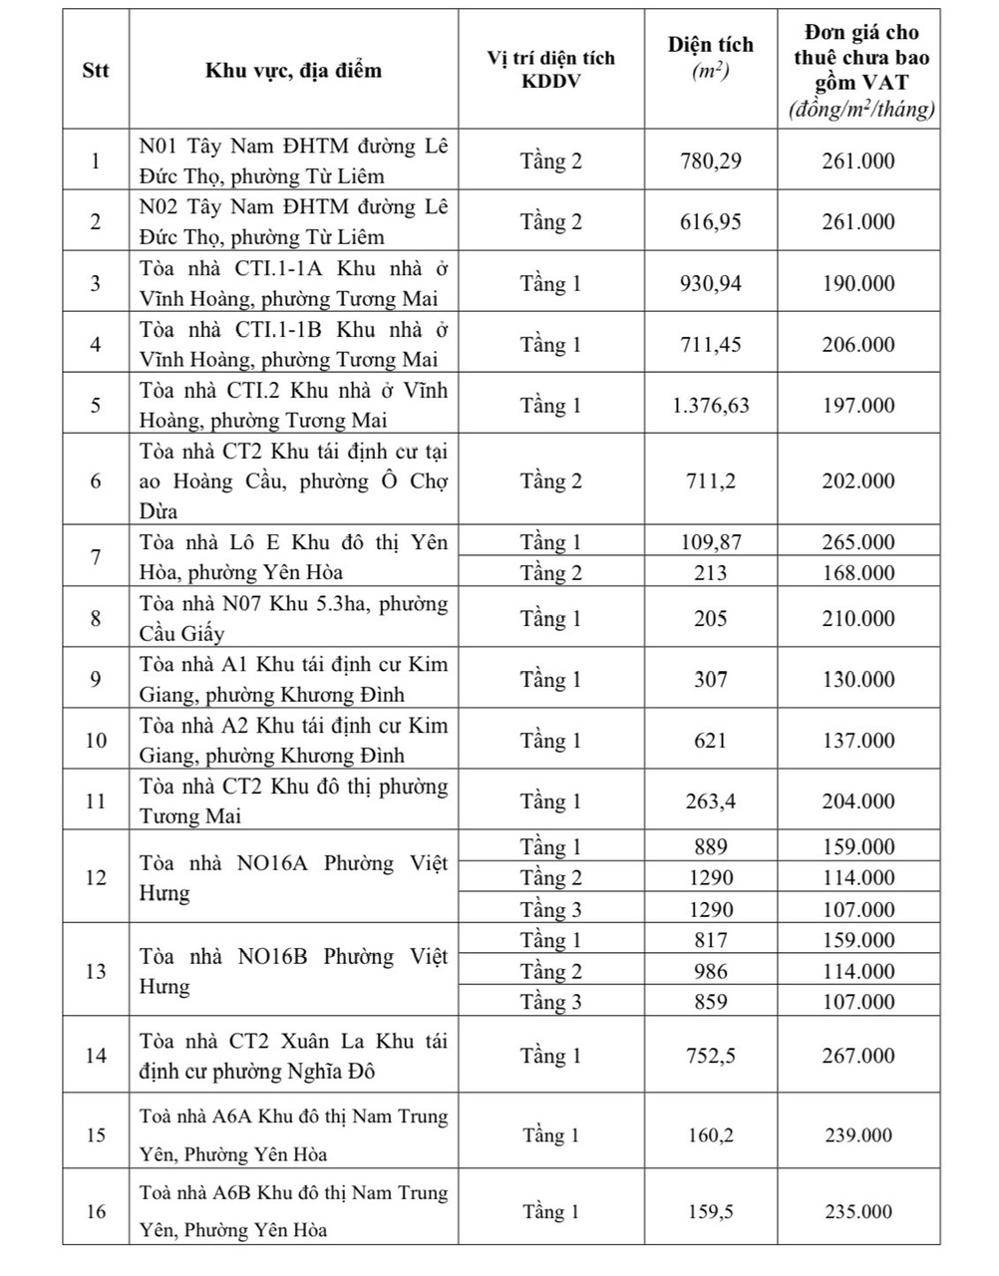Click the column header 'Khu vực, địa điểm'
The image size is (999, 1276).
pyautogui.click(x=293, y=70)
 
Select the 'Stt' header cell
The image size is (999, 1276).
pyautogui.click(x=96, y=70)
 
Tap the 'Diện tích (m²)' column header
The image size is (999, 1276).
pyautogui.click(x=710, y=58)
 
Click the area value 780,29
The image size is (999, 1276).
pyautogui.click(x=710, y=160)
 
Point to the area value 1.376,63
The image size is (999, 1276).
pyautogui.click(x=710, y=405)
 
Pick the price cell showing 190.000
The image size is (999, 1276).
pyautogui.click(x=858, y=283)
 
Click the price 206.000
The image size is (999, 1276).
pyautogui.click(x=858, y=344)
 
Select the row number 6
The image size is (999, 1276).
pyautogui.click(x=96, y=480)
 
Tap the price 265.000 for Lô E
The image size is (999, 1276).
pyautogui.click(x=858, y=542)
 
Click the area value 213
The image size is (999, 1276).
pyautogui.click(x=710, y=573)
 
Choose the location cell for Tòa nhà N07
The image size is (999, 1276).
pyautogui.click(x=293, y=618)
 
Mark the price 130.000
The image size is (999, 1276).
pyautogui.click(x=858, y=679)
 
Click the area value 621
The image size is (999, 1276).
pyautogui.click(x=710, y=741)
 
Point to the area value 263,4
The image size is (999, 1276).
pyautogui.click(x=710, y=801)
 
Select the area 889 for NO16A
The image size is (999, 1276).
pyautogui.click(x=710, y=847)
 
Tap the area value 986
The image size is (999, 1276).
pyautogui.click(x=710, y=971)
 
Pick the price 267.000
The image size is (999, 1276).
pyautogui.click(x=858, y=1056)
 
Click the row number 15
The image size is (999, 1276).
pyautogui.click(x=96, y=1135)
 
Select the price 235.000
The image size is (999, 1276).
pyautogui.click(x=858, y=1212)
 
